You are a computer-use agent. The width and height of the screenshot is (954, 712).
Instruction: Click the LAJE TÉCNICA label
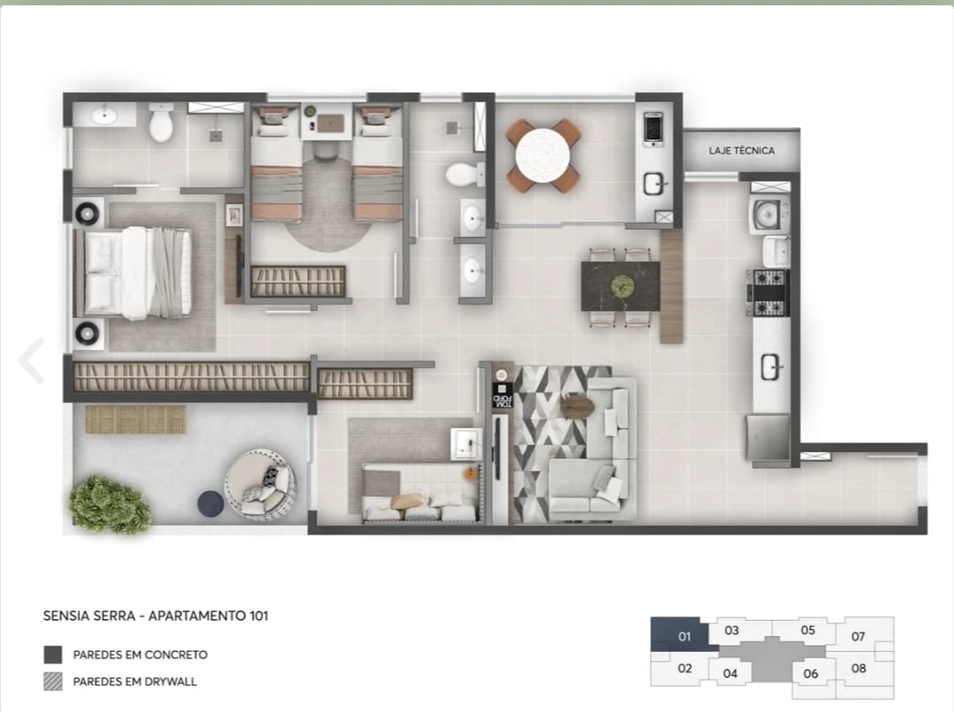coord(741,151)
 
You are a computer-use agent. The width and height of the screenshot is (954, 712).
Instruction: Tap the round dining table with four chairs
coord(542,155)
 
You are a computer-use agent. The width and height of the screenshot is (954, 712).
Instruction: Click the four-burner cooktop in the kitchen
coord(767,292)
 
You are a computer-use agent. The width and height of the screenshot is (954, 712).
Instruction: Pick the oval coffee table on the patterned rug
coord(577,405)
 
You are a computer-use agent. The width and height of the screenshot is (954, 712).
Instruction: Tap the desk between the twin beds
coord(328,125)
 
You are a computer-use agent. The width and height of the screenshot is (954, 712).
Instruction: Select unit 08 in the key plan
coord(859,669)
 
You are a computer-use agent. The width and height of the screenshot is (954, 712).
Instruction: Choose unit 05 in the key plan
coord(807,630)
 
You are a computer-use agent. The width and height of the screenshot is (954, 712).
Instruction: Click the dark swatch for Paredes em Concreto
coord(53,655)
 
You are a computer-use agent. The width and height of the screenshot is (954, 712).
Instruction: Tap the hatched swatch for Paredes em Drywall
coord(53,681)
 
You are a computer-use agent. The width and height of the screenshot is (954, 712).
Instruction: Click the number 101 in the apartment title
coord(256,616)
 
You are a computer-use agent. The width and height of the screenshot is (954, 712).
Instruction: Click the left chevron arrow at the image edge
coord(32,360)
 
